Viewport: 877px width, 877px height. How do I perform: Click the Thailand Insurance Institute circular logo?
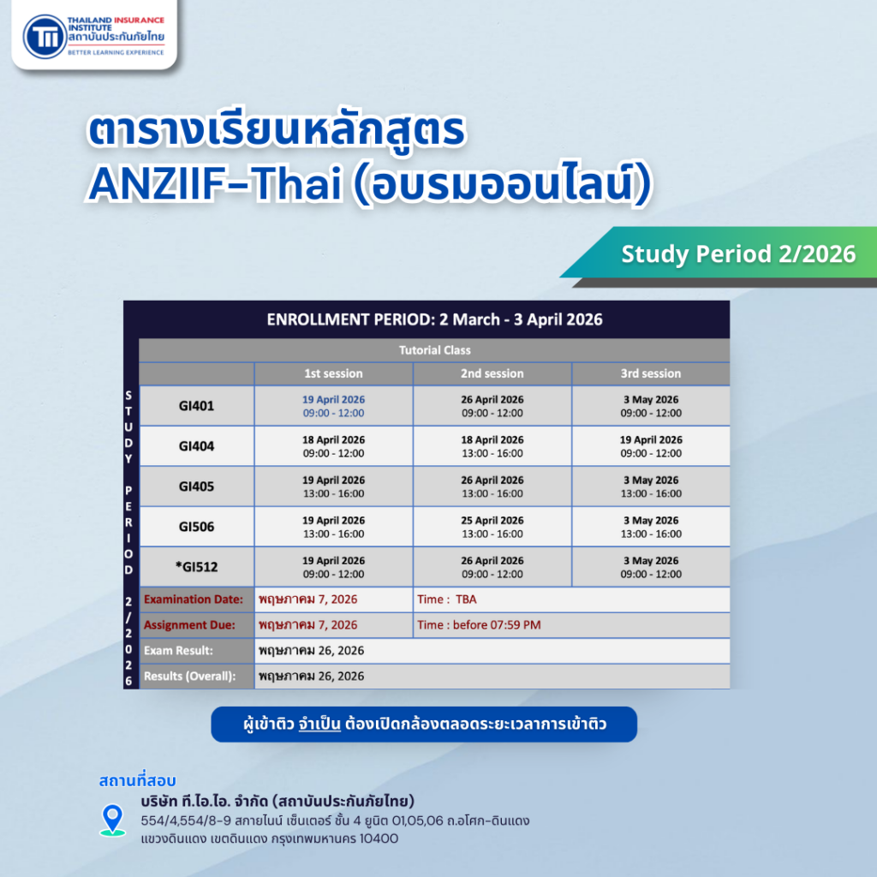(x=44, y=36)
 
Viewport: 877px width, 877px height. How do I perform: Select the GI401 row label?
(x=196, y=406)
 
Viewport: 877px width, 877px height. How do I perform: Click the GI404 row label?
(x=196, y=446)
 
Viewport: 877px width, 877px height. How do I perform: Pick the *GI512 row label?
(x=196, y=567)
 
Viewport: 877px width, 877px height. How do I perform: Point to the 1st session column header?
(x=333, y=374)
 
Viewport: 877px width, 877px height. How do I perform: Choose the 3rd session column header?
(x=651, y=374)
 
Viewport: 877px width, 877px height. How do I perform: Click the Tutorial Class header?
(x=434, y=350)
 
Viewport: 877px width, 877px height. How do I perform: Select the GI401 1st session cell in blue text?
(x=333, y=406)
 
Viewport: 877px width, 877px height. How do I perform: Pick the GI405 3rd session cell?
(x=651, y=486)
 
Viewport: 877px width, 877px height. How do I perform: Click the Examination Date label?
(x=194, y=600)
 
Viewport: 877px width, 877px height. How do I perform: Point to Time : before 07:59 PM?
(x=479, y=625)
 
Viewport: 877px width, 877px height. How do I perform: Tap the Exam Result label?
(x=178, y=651)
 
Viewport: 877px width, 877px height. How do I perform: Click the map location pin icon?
(x=112, y=819)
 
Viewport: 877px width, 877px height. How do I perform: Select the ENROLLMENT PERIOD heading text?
(x=434, y=320)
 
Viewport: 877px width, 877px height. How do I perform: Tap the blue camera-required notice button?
(x=424, y=725)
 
